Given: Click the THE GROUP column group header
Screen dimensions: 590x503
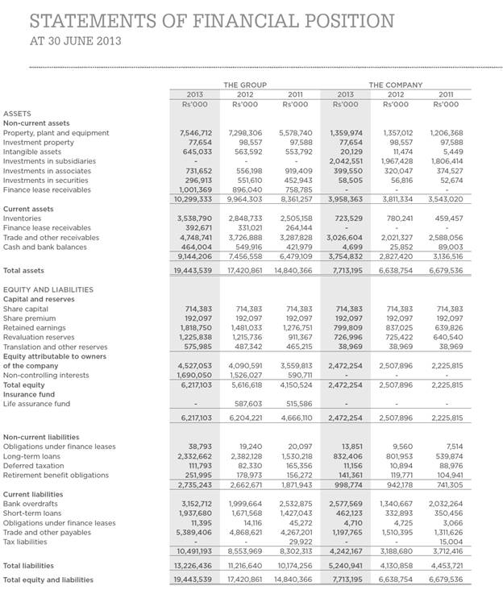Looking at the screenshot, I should click(244, 85).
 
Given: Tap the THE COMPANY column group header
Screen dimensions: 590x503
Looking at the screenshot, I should click(397, 85).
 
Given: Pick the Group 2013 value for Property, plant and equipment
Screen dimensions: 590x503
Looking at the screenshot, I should click(194, 132).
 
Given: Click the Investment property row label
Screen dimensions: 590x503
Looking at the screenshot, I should click(32, 142).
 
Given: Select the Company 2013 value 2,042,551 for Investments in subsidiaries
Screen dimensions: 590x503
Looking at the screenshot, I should click(346, 161).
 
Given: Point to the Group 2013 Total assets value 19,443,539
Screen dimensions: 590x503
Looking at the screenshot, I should click(193, 271).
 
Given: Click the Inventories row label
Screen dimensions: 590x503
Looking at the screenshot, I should click(23, 218).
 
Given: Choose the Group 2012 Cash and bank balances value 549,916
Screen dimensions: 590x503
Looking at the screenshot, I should click(246, 247).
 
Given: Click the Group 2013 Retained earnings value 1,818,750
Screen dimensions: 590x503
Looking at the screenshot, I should click(194, 328).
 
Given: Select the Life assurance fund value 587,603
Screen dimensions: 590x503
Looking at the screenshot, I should click(246, 404).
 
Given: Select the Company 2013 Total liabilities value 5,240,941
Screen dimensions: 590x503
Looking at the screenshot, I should click(346, 566).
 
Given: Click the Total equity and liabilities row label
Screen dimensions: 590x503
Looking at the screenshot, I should click(48, 580).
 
